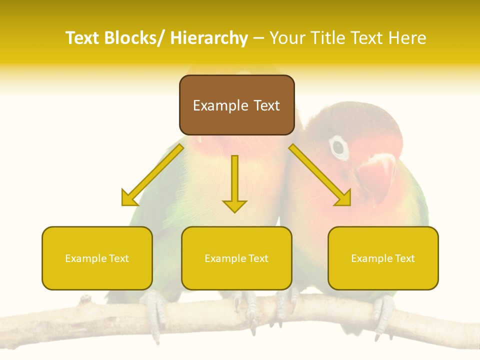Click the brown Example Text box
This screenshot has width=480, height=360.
pyautogui.click(x=236, y=105)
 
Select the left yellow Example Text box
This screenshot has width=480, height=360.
pyautogui.click(x=97, y=258)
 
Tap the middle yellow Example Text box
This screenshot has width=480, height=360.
pyautogui.click(x=236, y=258)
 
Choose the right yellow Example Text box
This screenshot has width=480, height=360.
pyautogui.click(x=383, y=258)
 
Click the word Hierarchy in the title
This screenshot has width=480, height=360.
pyautogui.click(x=209, y=38)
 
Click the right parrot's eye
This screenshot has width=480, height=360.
pyautogui.click(x=339, y=147)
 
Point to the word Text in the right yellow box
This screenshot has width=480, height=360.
pyautogui.click(x=404, y=258)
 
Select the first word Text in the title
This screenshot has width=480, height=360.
pyautogui.click(x=83, y=38)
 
